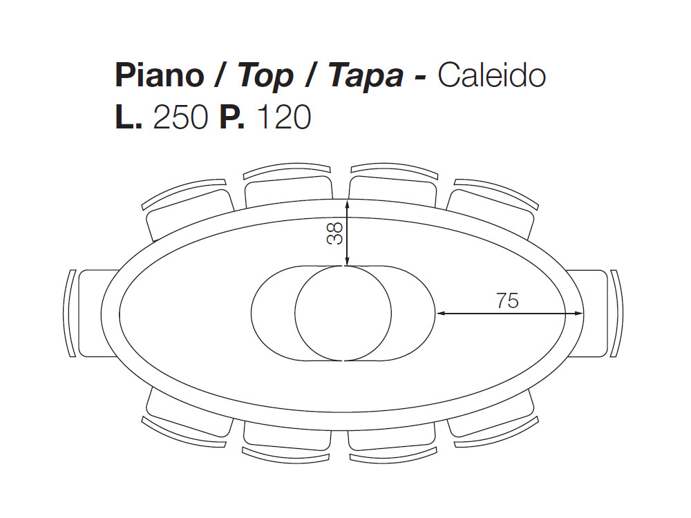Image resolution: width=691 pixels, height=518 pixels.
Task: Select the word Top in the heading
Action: point(265,76)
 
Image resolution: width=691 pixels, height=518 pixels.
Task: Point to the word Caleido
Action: point(491,76)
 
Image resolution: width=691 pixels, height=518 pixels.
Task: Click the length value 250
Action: point(180,118)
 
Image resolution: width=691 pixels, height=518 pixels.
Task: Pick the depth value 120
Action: point(283,118)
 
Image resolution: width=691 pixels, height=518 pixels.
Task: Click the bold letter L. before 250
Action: point(129,118)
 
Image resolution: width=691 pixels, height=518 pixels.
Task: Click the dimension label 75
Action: point(507,300)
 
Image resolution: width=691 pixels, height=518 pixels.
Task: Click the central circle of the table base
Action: point(343,313)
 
